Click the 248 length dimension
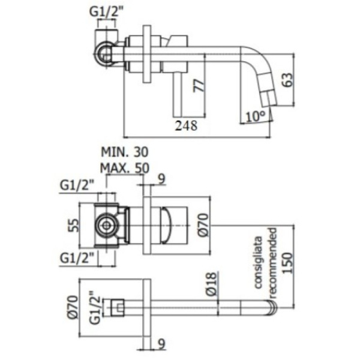click(x=187, y=125)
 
